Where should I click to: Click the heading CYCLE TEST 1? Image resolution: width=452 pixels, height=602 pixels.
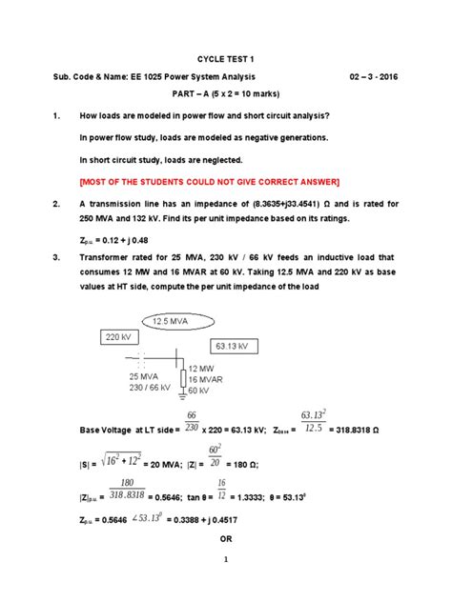[226, 57]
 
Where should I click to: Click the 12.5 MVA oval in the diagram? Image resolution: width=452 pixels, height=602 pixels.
[176, 322]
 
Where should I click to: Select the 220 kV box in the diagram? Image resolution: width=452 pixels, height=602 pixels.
[117, 337]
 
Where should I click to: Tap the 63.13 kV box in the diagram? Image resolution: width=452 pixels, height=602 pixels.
[218, 346]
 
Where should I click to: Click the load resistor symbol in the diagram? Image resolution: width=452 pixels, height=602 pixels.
[182, 379]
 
